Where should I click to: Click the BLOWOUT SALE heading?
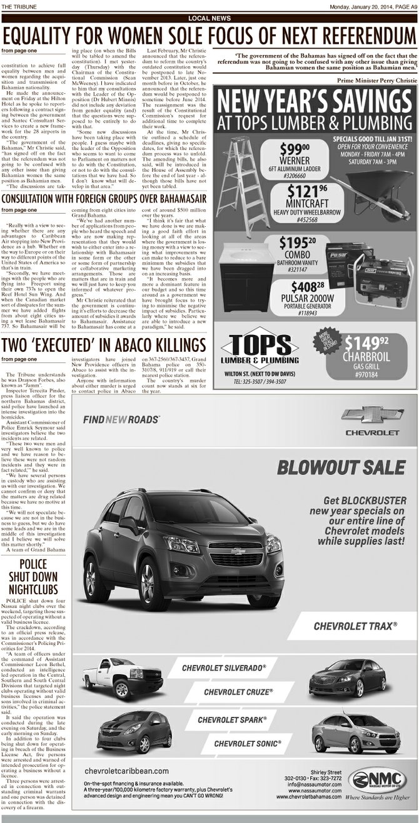[341, 467]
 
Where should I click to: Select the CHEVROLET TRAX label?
[355, 626]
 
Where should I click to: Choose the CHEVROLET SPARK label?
[232, 721]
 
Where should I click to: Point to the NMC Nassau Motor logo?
[376, 781]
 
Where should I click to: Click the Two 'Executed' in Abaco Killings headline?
[104, 345]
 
